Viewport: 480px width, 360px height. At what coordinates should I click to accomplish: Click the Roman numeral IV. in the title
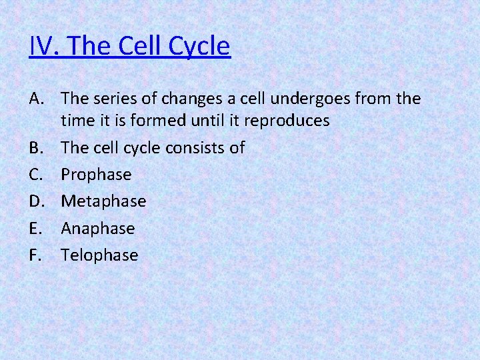coord(45,47)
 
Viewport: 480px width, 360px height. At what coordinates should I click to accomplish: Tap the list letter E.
coord(37,228)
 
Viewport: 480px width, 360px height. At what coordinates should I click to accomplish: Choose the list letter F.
coord(37,255)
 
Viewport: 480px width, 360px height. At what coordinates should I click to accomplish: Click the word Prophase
coord(96,175)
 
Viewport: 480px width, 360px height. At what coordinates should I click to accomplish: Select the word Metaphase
coord(103,201)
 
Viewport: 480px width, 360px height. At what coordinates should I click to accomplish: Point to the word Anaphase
coord(98,228)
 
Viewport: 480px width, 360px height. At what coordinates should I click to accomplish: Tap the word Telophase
coord(99,255)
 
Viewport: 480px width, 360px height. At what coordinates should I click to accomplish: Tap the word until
coord(217,121)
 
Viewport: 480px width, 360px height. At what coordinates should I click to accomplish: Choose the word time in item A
coord(76,121)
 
